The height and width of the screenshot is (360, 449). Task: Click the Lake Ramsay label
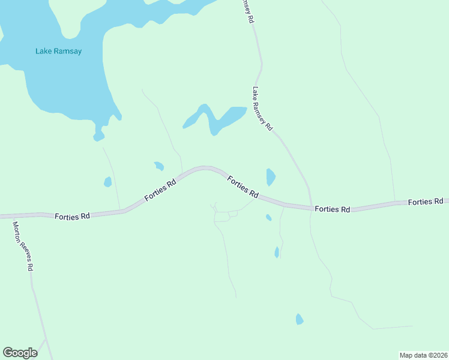pyautogui.click(x=58, y=51)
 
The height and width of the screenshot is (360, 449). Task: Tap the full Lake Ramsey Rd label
pyautogui.click(x=263, y=109)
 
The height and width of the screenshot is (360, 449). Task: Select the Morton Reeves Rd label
pyautogui.click(x=22, y=246)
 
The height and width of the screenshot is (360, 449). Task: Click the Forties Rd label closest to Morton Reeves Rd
pyautogui.click(x=71, y=216)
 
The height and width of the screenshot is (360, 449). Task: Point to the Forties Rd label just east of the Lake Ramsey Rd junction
pyautogui.click(x=332, y=209)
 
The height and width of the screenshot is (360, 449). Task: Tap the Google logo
pyautogui.click(x=20, y=352)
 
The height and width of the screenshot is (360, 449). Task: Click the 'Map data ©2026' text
pyautogui.click(x=423, y=355)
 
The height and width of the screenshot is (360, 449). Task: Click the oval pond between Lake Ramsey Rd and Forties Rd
pyautogui.click(x=271, y=177)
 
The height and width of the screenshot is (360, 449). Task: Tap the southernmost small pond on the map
pyautogui.click(x=300, y=319)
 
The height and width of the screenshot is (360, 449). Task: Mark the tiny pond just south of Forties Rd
pyautogui.click(x=268, y=217)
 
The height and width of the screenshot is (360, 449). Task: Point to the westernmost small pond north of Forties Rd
pyautogui.click(x=107, y=182)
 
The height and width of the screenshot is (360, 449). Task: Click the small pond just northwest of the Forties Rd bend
pyautogui.click(x=159, y=166)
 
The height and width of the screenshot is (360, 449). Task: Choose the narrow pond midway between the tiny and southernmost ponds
pyautogui.click(x=277, y=253)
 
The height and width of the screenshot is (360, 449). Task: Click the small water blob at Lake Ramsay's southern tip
pyautogui.click(x=99, y=136)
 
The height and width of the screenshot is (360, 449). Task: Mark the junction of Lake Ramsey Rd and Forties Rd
pyautogui.click(x=311, y=208)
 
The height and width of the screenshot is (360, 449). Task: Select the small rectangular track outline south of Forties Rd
pyautogui.click(x=222, y=217)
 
